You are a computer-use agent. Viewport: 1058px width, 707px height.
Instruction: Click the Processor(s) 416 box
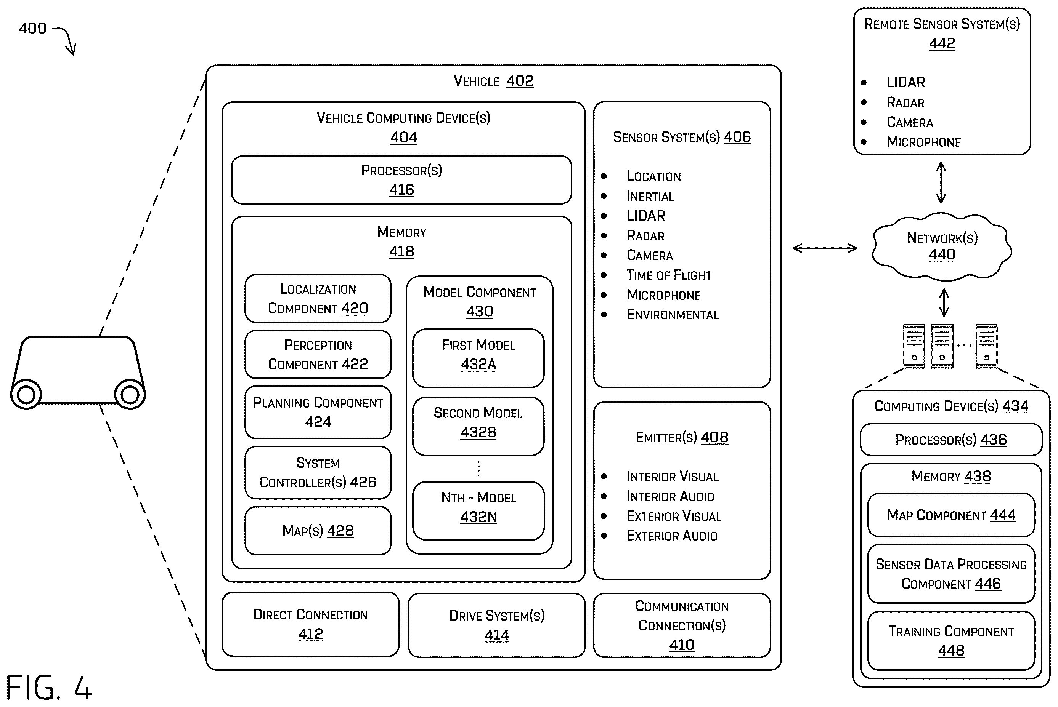click(x=401, y=180)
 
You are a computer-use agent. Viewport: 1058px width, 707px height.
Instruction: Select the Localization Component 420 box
click(x=318, y=299)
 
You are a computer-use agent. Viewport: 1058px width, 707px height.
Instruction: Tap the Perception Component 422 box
click(x=318, y=354)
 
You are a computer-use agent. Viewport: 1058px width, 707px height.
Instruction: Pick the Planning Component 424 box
click(x=318, y=412)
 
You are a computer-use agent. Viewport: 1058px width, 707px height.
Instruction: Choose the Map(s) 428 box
click(x=318, y=531)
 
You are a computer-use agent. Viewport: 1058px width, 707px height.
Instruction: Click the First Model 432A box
click(x=478, y=358)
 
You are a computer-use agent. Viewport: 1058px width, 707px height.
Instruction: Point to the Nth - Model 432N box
click(x=478, y=511)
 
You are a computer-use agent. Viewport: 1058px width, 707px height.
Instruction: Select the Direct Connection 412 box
click(x=310, y=624)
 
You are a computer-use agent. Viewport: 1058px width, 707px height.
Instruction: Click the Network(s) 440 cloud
click(x=942, y=246)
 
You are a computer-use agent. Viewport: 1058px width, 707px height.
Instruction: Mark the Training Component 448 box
click(x=951, y=641)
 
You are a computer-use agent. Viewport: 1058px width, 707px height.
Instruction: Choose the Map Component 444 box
click(x=951, y=515)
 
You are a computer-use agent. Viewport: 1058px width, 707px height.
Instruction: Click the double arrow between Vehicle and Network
click(x=825, y=248)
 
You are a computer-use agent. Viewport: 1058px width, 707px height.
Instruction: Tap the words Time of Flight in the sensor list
click(x=669, y=275)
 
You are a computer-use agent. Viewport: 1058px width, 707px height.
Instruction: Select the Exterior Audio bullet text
click(x=672, y=536)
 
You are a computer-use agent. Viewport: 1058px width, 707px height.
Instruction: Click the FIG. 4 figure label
click(x=49, y=688)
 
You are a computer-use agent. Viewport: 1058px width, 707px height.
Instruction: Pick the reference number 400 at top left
click(x=32, y=29)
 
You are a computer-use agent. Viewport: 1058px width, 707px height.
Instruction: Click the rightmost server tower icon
click(x=986, y=346)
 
